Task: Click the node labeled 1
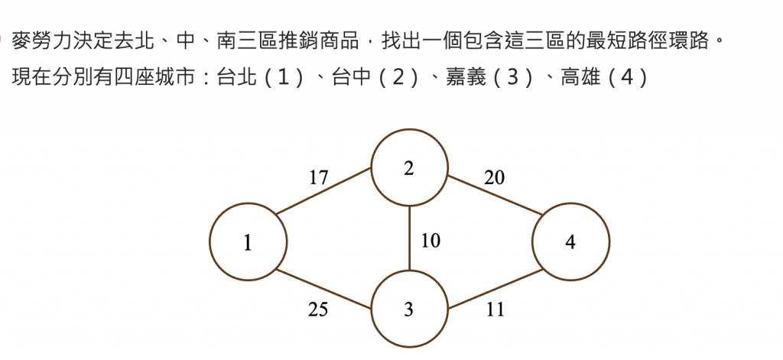249,243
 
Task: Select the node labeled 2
409,169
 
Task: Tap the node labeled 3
409,310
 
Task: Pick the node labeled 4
570,243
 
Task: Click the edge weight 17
319,178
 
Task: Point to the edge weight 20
494,178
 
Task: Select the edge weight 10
430,241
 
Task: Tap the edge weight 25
319,310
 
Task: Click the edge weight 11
495,310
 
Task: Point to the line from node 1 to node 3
324,289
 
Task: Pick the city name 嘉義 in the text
464,77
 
